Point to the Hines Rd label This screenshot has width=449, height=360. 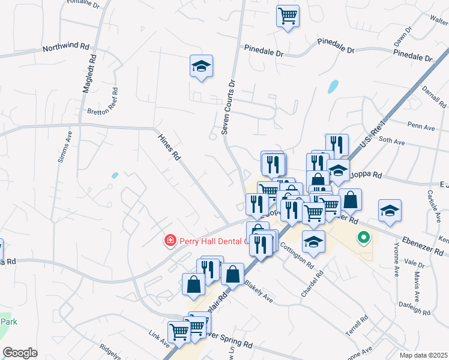(x=169, y=147)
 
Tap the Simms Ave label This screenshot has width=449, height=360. (x=69, y=146)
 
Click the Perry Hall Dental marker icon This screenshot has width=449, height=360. (x=170, y=241)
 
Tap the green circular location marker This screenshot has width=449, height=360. (x=363, y=238)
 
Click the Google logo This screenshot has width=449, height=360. (x=20, y=353)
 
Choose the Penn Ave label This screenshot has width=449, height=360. (x=420, y=127)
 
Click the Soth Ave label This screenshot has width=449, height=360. (x=392, y=142)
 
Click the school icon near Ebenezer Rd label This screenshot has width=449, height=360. (x=390, y=211)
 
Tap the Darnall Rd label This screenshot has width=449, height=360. (x=430, y=97)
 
